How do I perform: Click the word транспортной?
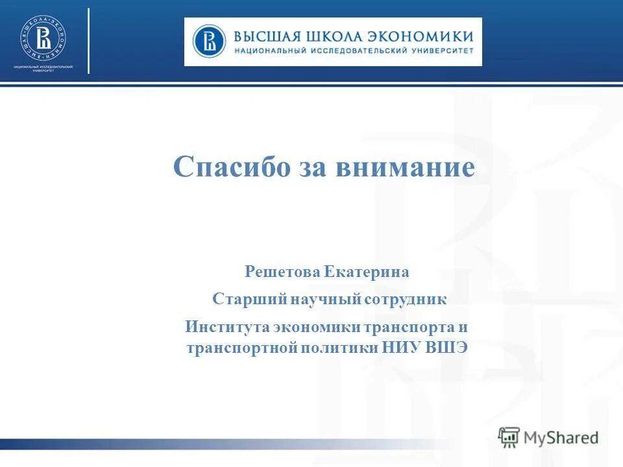[241, 348]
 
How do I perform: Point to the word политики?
[338, 348]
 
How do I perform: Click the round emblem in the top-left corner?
[43, 38]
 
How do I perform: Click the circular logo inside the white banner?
[209, 41]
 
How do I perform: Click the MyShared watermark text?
[561, 438]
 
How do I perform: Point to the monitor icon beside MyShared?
[509, 437]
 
